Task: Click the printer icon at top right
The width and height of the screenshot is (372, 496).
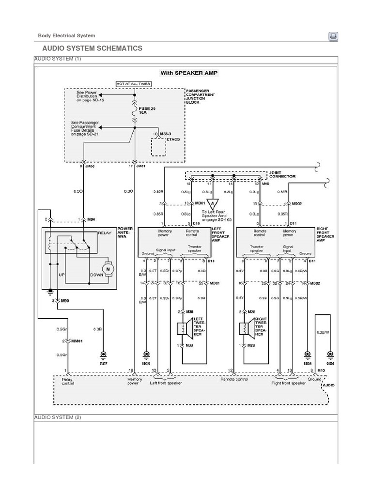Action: (x=333, y=36)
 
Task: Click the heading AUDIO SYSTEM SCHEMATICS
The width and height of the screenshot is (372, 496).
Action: (x=92, y=48)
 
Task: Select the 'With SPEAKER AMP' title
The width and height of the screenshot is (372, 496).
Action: (x=189, y=73)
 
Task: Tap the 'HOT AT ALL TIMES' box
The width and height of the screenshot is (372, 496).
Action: (x=133, y=84)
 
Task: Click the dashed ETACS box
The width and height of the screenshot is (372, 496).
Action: (x=158, y=146)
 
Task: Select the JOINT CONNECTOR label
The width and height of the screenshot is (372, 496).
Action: (x=282, y=175)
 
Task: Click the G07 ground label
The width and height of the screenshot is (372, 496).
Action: (x=103, y=363)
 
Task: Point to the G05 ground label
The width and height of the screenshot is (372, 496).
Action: (x=307, y=363)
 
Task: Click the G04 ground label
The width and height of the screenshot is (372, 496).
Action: (x=330, y=363)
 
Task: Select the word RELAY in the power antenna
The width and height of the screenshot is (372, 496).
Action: (x=104, y=233)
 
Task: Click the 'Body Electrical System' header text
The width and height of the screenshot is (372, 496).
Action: (x=66, y=35)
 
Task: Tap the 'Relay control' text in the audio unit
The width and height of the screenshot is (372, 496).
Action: (x=68, y=381)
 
